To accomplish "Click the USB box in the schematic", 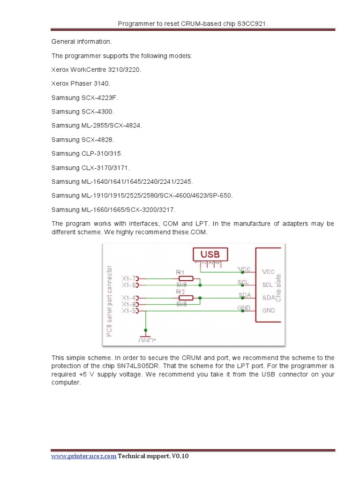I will click(210, 255).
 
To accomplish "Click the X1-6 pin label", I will click(129, 285).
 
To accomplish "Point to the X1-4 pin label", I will click(129, 298).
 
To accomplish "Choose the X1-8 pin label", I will click(129, 304).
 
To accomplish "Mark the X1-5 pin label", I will click(129, 310).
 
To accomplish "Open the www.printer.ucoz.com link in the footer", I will click(83, 457).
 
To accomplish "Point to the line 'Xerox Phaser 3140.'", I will click(81, 83).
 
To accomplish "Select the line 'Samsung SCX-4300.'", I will click(82, 112).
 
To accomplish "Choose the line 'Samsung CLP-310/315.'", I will click(87, 153).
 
